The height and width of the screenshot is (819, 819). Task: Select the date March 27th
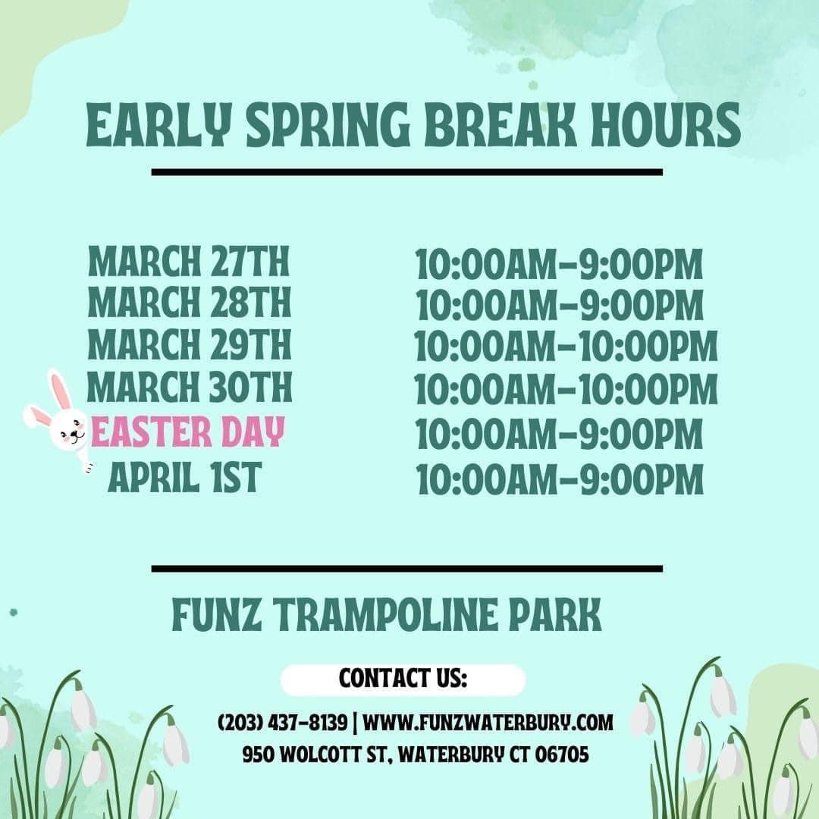[x=189, y=262]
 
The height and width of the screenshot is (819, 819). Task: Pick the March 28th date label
[x=189, y=303]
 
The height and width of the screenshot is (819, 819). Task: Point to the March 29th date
[x=189, y=345]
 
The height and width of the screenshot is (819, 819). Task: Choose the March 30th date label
[x=189, y=388]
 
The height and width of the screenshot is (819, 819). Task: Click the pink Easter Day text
[x=187, y=432]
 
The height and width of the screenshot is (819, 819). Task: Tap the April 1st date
[x=184, y=478]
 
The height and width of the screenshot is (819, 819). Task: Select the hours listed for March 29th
[x=566, y=347]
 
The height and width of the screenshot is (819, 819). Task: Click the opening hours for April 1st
[x=560, y=480]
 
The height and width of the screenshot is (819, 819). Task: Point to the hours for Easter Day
[x=560, y=435]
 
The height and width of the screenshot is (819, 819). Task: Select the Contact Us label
[x=403, y=679]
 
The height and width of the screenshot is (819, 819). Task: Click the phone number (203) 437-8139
[x=282, y=722]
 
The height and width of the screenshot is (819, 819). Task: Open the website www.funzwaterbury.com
[x=488, y=722]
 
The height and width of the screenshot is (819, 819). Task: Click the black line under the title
[x=406, y=172]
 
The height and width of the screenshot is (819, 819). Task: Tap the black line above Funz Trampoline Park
[x=406, y=568]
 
